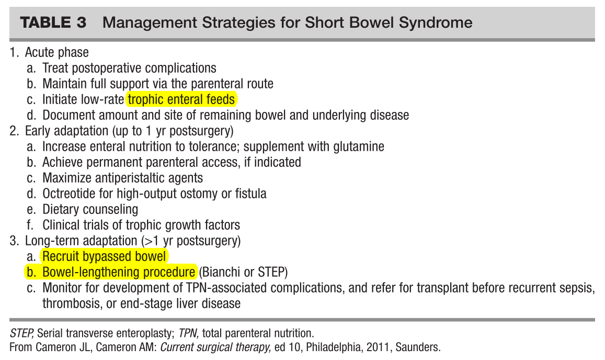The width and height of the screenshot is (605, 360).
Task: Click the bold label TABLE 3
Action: point(53,22)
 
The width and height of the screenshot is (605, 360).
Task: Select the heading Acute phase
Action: point(56,52)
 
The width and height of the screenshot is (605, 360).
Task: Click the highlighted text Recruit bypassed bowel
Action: point(104,256)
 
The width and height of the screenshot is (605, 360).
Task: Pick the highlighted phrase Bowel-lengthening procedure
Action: point(119,272)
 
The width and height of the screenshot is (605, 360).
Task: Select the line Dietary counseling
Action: point(90,209)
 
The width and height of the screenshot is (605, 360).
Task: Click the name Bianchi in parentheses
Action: point(222,272)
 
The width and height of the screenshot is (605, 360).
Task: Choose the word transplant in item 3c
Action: point(442,288)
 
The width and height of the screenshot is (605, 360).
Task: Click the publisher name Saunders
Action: point(418,346)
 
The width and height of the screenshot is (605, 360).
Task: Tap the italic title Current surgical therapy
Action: point(215,346)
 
